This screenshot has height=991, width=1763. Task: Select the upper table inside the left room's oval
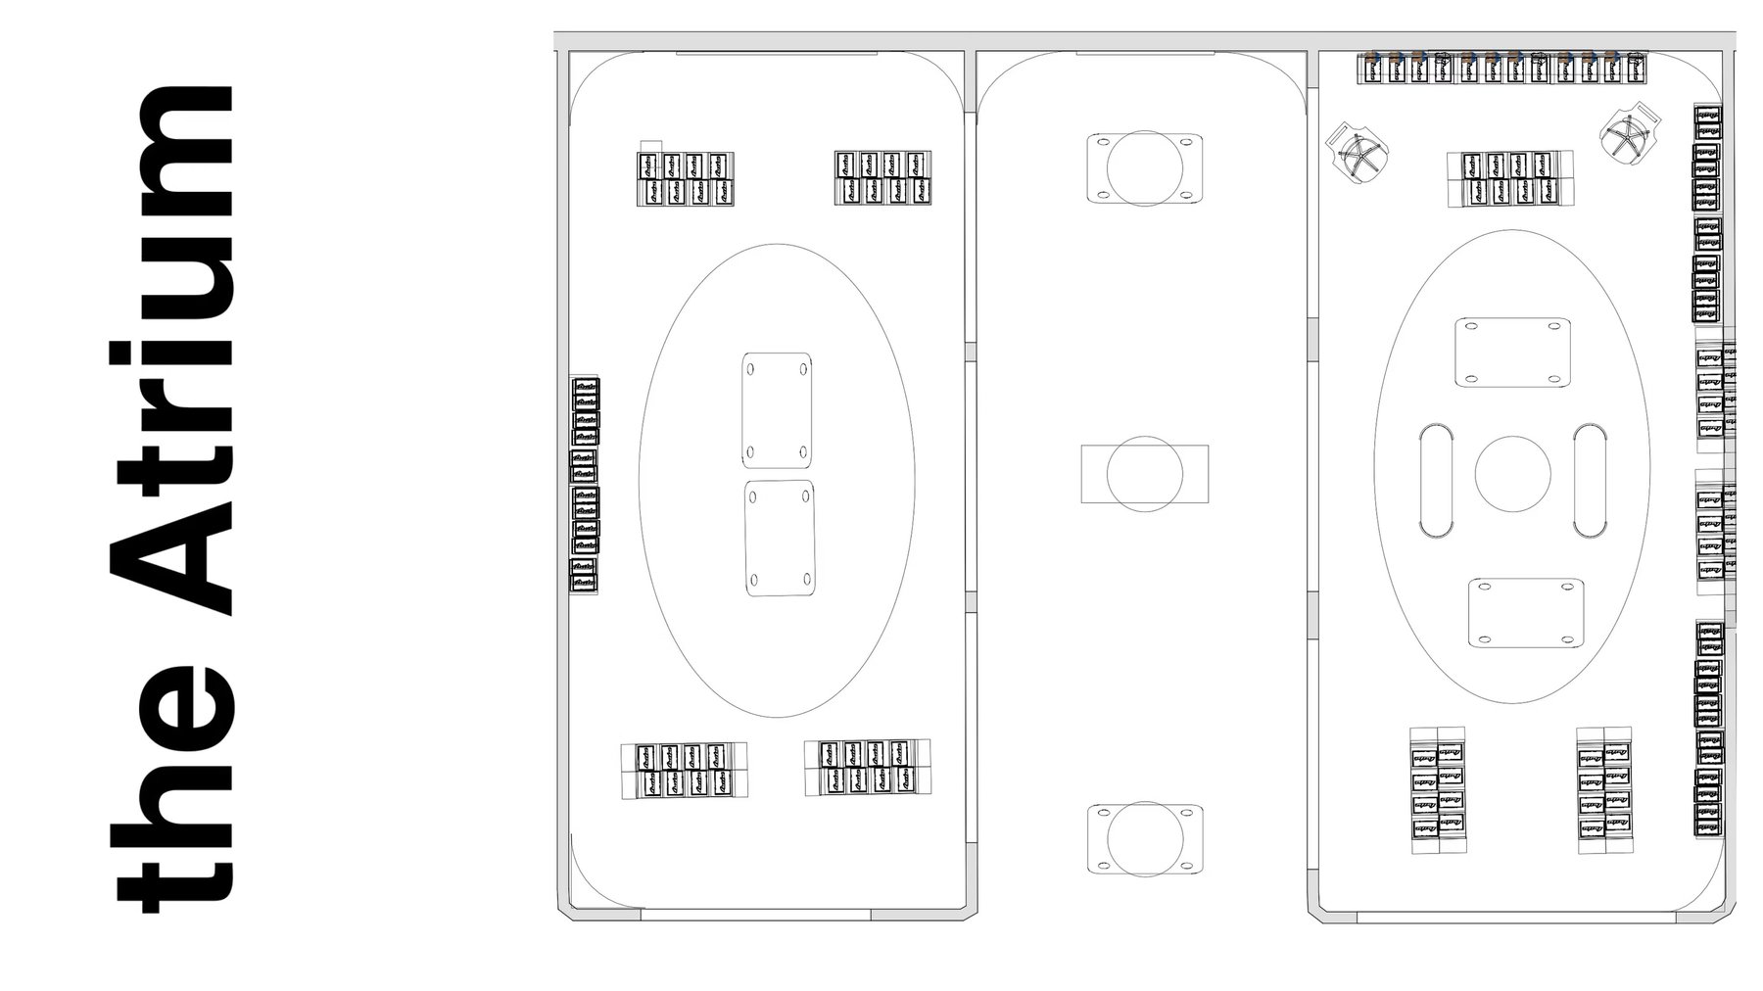[x=777, y=409]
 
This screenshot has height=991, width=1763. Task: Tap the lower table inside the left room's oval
[x=780, y=538]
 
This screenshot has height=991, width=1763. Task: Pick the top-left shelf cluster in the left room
[x=686, y=179]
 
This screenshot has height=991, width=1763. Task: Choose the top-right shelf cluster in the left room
[x=882, y=177]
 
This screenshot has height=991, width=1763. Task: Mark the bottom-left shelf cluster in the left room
[x=683, y=770]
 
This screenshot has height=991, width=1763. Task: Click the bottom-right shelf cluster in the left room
[x=867, y=767]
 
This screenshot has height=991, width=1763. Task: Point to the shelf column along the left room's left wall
[x=585, y=484]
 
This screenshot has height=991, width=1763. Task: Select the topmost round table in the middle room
[x=1144, y=168]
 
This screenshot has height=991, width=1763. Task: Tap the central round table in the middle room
[x=1144, y=474]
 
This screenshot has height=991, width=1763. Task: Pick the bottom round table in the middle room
[x=1144, y=839]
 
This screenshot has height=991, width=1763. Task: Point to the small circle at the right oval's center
[x=1512, y=473]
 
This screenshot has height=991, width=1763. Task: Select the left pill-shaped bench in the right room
[x=1438, y=480]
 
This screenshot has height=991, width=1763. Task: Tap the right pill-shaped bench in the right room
[x=1591, y=480]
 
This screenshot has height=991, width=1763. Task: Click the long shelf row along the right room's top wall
[x=1501, y=69]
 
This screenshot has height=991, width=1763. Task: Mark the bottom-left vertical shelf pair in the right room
[x=1437, y=789]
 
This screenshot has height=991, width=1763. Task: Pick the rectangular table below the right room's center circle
[x=1525, y=613]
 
